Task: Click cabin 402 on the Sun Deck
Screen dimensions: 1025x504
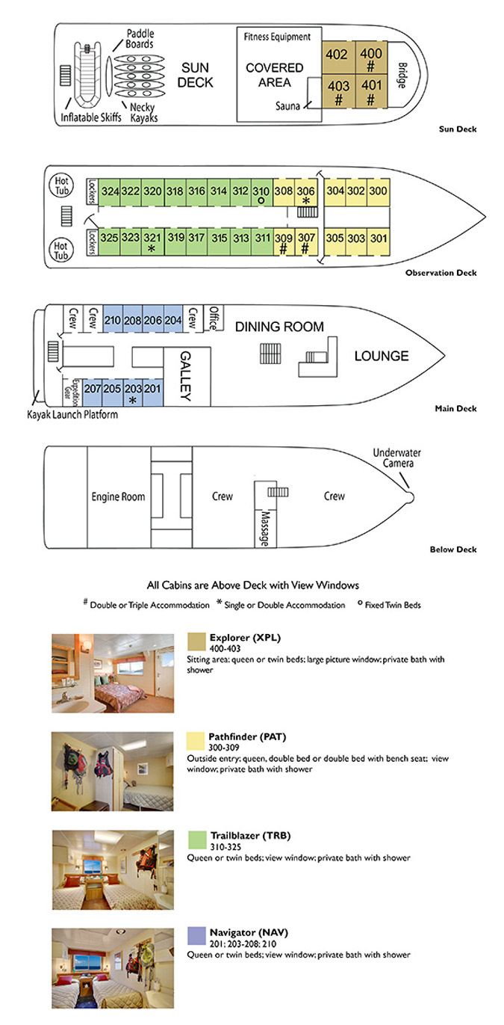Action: click(337, 56)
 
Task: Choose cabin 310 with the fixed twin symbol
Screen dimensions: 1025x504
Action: click(261, 194)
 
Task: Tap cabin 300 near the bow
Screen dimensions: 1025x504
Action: click(379, 191)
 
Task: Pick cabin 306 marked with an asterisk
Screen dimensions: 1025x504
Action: click(306, 193)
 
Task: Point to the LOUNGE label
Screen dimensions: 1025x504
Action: click(381, 356)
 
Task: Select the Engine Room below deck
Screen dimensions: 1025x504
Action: click(118, 496)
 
